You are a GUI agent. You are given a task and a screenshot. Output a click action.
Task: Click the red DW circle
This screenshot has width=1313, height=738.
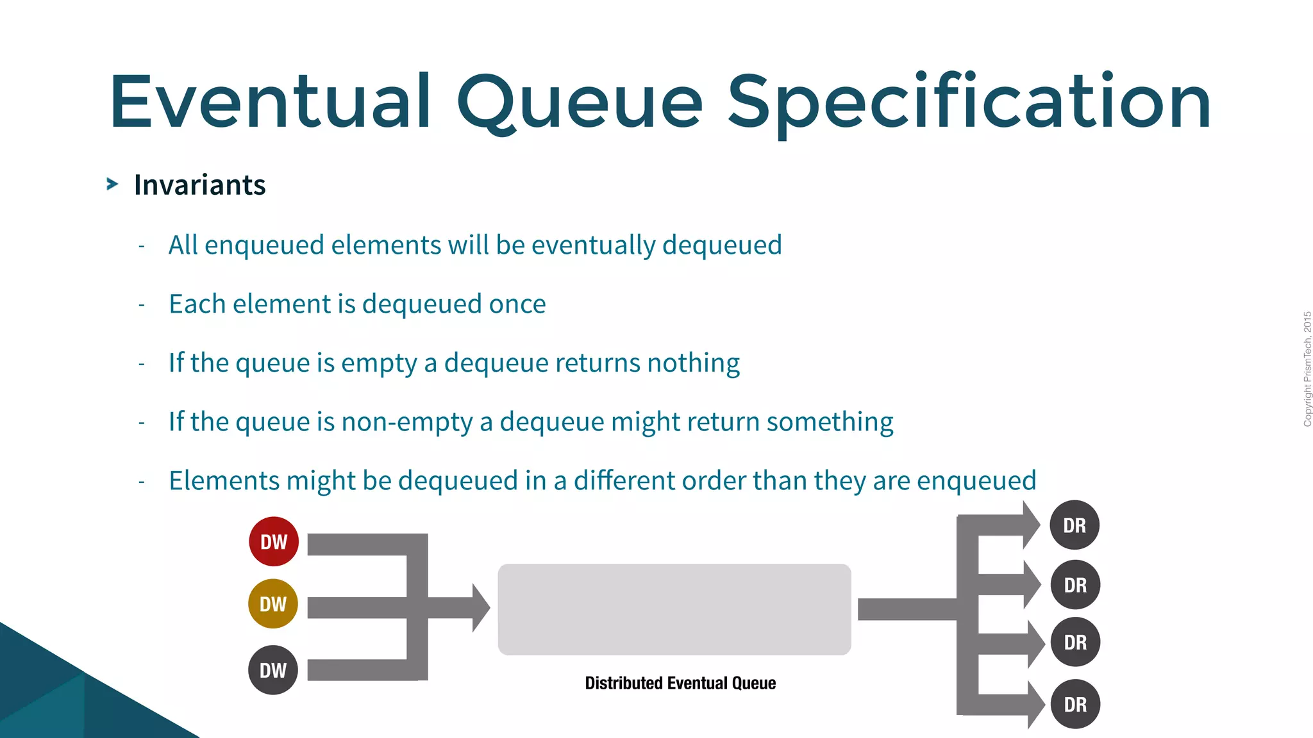tap(274, 542)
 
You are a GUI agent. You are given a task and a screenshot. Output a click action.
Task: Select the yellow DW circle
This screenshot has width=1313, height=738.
tap(273, 603)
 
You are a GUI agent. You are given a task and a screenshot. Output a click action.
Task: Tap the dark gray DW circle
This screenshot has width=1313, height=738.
tap(273, 670)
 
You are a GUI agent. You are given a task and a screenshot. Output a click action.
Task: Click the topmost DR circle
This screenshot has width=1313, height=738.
tap(1075, 525)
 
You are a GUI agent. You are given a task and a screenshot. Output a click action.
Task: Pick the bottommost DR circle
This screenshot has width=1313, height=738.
tap(1075, 704)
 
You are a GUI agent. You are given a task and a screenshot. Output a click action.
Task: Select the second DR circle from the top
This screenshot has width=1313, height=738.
tap(1075, 585)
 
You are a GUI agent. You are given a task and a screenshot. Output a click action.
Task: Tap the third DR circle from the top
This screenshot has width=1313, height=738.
tap(1075, 642)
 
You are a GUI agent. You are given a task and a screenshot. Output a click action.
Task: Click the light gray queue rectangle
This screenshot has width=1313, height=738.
tap(674, 609)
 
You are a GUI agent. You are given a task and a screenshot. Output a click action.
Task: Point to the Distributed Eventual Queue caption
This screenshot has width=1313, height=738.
tap(680, 684)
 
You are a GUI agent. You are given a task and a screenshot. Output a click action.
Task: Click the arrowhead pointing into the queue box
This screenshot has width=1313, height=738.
tap(480, 608)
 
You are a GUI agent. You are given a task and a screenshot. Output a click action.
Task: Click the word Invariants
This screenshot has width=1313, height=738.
tap(199, 185)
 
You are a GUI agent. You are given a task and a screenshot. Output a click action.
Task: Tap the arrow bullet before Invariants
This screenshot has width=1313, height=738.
tap(112, 184)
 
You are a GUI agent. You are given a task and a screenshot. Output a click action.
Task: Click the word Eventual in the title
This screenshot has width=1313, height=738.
tap(270, 101)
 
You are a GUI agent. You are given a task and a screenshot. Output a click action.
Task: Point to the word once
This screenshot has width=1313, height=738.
tap(517, 304)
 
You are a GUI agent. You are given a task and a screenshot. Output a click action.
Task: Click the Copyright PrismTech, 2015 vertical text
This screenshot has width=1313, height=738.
tap(1307, 369)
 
